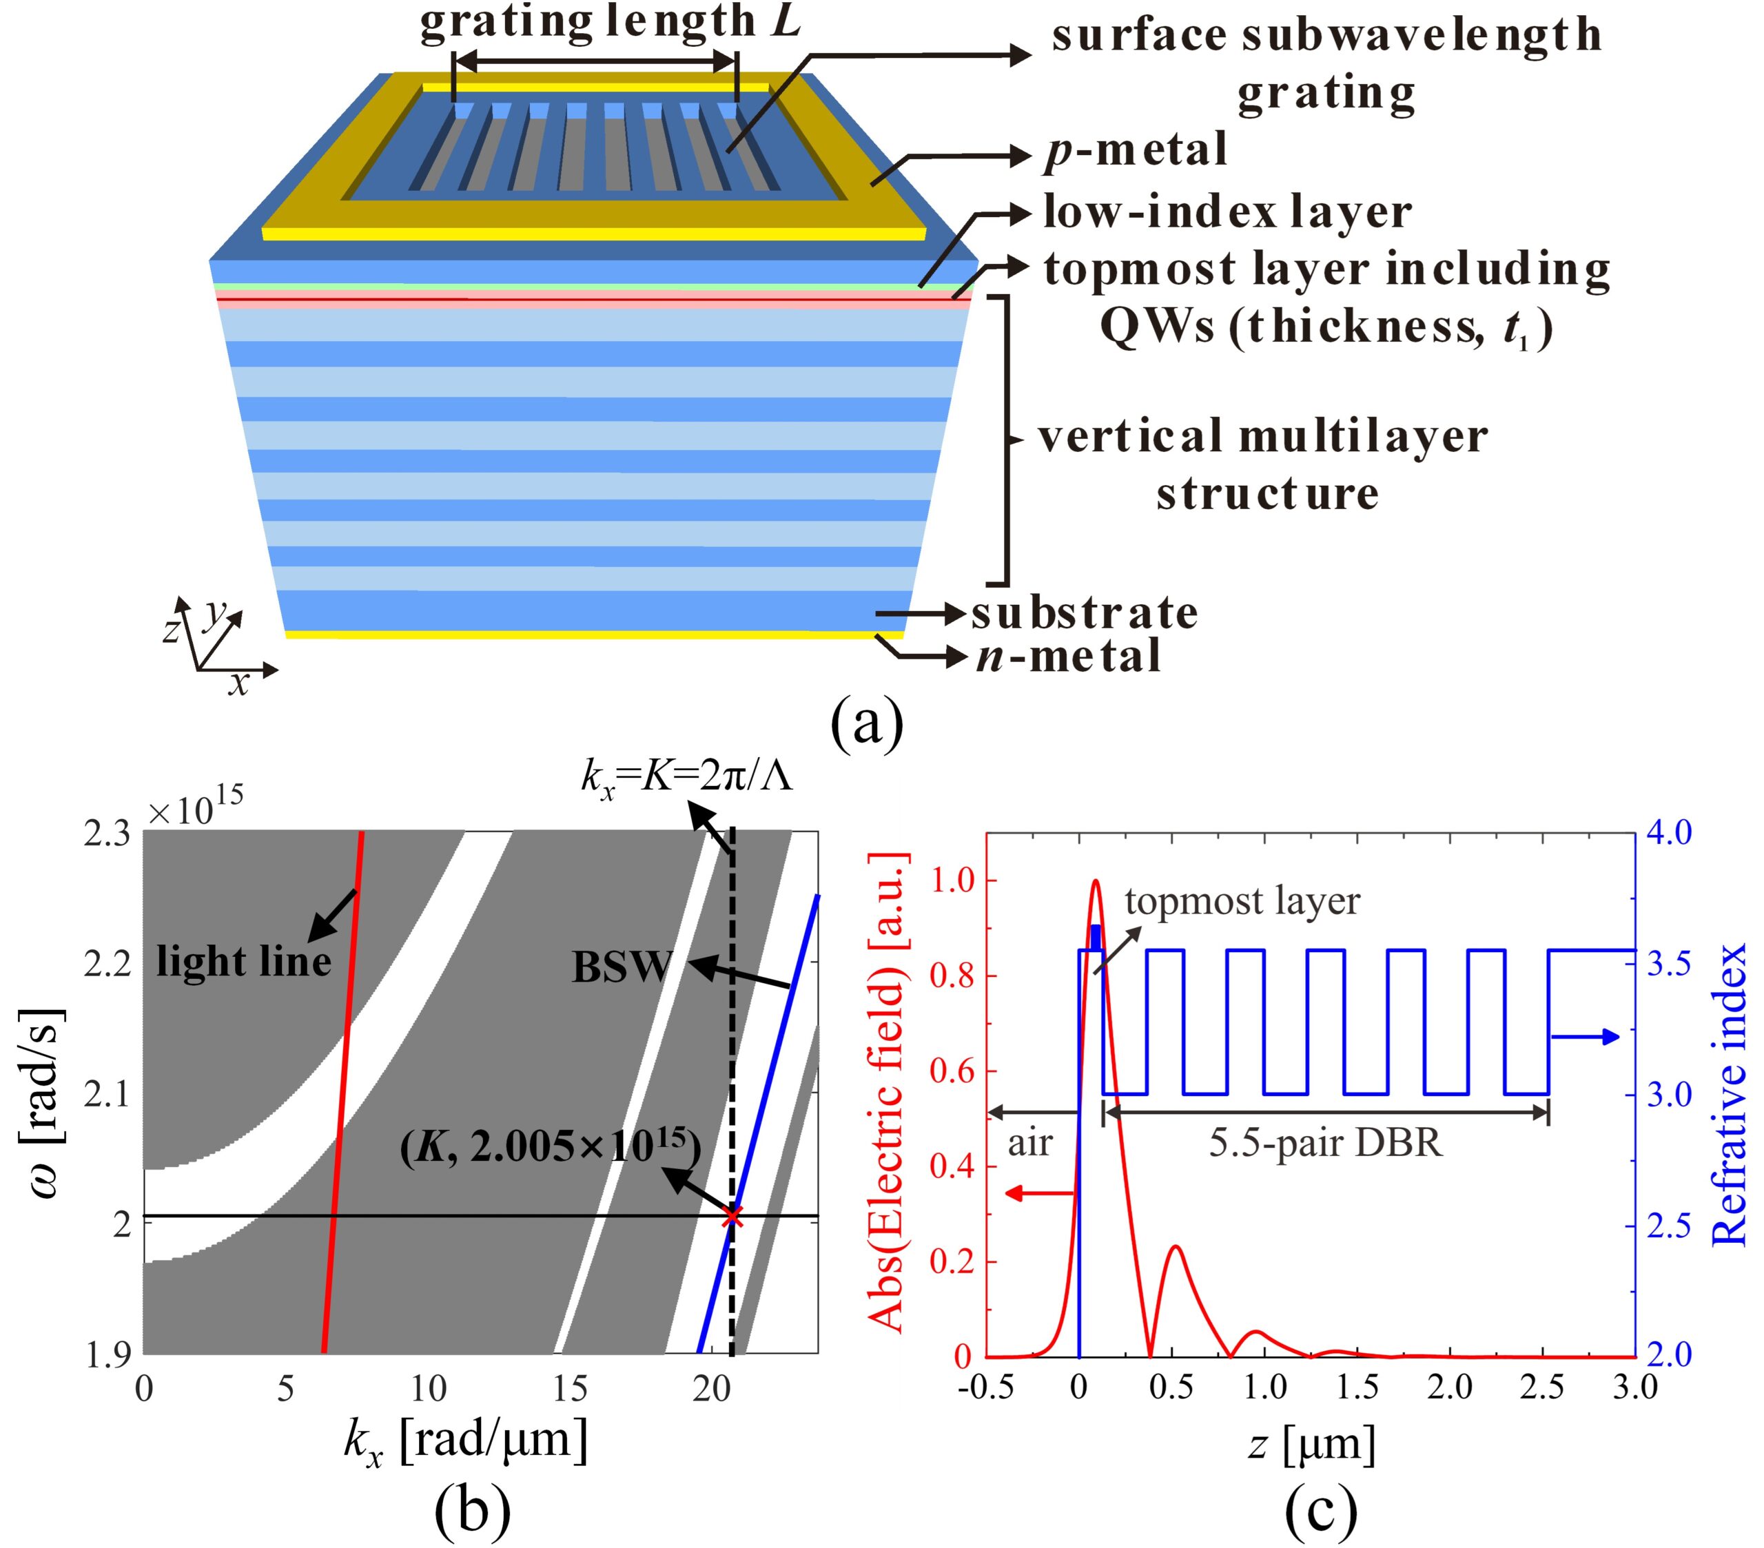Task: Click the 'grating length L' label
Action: [x=611, y=21]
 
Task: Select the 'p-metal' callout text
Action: [x=1136, y=151]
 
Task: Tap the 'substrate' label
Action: [x=1085, y=614]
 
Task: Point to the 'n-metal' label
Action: [x=1069, y=657]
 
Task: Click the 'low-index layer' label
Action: [x=1227, y=212]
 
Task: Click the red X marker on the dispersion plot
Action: [x=732, y=1216]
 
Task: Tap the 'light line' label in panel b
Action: [x=244, y=961]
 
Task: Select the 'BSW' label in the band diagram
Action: [x=622, y=967]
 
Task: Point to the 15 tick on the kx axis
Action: [x=570, y=1388]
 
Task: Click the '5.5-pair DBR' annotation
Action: [x=1326, y=1144]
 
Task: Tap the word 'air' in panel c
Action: [x=1030, y=1144]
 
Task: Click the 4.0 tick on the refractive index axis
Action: [x=1669, y=833]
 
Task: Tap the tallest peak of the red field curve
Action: [x=1096, y=881]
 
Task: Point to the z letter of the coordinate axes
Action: [x=171, y=631]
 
